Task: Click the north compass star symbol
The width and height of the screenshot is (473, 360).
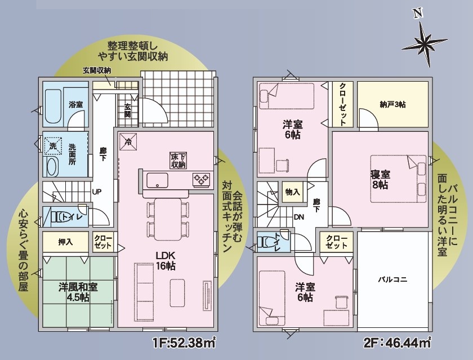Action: [x=424, y=42]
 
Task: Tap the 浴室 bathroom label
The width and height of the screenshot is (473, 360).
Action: [x=75, y=105]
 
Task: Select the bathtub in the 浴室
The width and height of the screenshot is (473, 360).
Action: [x=53, y=106]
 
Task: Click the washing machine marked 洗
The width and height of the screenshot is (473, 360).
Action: [x=53, y=146]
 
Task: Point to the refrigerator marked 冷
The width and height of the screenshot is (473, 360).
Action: [x=128, y=141]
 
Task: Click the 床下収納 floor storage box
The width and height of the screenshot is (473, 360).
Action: [x=179, y=160]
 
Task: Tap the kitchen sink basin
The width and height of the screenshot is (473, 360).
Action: [x=158, y=180]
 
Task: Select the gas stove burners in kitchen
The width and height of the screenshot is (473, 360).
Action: [x=201, y=179]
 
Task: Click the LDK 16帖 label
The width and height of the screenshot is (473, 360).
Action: [x=166, y=261]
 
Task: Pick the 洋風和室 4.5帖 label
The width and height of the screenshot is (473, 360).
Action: [x=78, y=292]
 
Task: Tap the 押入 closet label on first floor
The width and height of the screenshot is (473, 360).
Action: [x=65, y=242]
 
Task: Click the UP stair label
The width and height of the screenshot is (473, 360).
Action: [x=97, y=192]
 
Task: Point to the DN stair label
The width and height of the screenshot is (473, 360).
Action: [x=299, y=217]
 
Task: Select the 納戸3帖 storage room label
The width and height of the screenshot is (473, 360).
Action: [x=392, y=104]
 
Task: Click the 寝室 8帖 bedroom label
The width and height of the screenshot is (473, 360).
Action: [x=380, y=180]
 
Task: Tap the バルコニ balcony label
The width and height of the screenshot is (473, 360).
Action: [x=393, y=279]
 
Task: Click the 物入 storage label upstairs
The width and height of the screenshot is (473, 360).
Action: [x=292, y=192]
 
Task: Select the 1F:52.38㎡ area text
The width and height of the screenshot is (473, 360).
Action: [x=184, y=343]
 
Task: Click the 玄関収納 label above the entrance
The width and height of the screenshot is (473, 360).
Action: [x=97, y=70]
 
